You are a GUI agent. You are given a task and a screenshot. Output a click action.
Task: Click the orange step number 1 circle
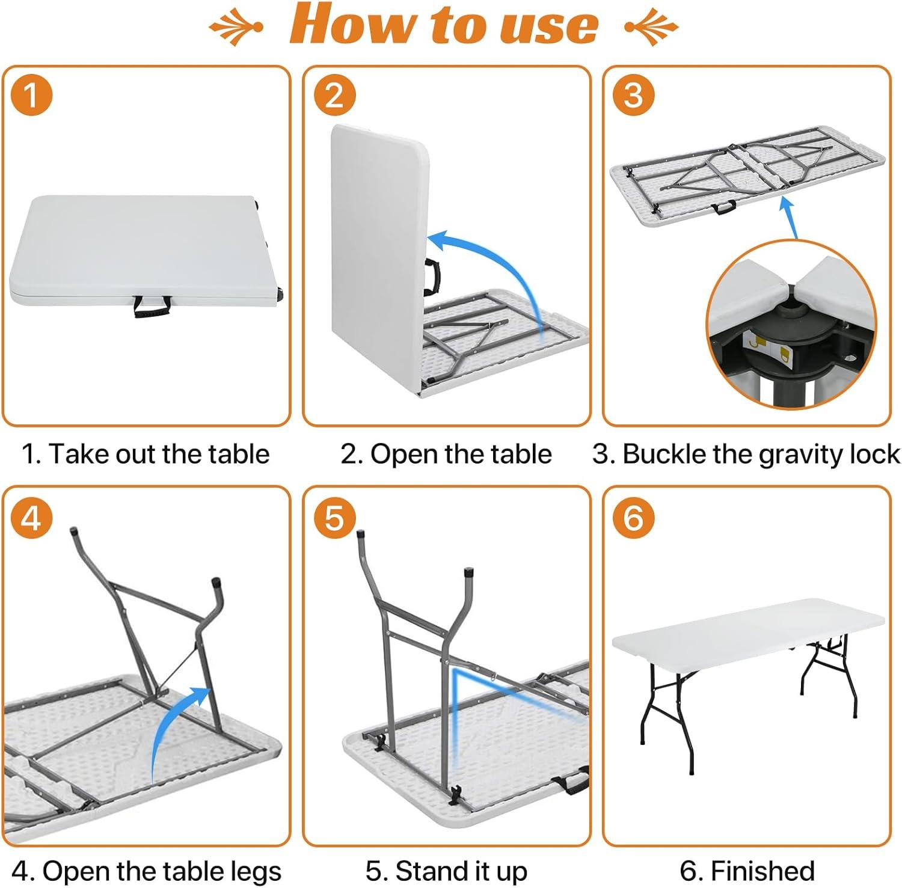31,96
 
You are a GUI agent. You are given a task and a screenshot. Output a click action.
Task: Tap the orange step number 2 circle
334,96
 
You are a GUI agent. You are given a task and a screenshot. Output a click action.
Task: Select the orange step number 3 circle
634,96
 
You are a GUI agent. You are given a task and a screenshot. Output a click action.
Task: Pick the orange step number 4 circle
31,517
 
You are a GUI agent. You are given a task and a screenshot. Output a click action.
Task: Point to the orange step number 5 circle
334,517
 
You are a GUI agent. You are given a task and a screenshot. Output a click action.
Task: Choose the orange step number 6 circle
634,517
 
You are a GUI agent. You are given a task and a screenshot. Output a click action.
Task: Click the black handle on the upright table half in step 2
432,276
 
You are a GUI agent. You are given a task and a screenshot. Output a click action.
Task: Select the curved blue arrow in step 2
493,265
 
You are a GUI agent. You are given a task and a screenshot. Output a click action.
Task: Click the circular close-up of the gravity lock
791,325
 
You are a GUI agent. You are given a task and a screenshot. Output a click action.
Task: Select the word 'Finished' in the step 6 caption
762,871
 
